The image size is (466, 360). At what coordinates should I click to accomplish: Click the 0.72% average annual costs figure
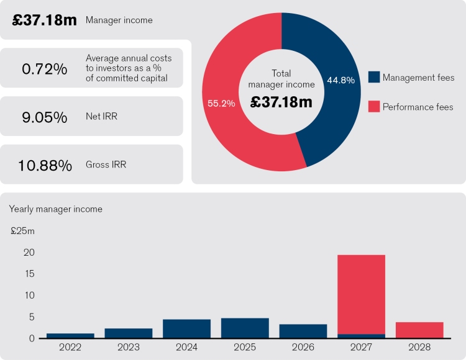point(44,69)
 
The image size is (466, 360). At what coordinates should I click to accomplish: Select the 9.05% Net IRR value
point(44,117)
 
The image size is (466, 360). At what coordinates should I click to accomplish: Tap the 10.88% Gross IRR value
point(44,165)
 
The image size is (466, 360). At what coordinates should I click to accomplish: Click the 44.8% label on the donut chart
point(340,80)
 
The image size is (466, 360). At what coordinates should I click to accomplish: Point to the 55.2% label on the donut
point(221,104)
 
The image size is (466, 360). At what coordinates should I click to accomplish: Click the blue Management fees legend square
point(374,77)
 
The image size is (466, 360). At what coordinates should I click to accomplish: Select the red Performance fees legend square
point(374,107)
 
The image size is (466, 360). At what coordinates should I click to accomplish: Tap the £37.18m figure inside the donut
point(281,102)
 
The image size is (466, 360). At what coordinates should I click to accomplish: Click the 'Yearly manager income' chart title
point(56,209)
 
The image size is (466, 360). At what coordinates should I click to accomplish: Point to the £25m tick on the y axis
point(23,232)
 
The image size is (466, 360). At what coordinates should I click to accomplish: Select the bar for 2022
point(70,336)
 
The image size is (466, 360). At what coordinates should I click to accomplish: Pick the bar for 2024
point(186,329)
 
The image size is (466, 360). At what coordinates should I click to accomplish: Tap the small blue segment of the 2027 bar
point(361,336)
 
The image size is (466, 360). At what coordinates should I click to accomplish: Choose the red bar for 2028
point(419,330)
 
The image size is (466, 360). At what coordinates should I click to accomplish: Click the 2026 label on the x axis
point(303,347)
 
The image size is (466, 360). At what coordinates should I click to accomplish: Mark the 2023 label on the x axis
point(128,347)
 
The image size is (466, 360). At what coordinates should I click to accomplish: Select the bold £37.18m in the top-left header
point(45,20)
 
